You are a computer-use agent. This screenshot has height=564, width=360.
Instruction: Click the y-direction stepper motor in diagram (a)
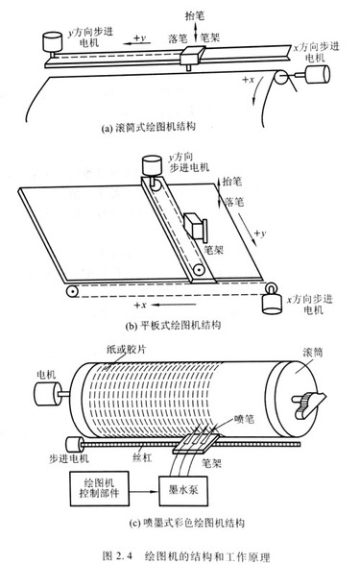coord(53,43)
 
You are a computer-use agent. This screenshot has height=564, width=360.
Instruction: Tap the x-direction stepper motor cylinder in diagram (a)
coord(318,74)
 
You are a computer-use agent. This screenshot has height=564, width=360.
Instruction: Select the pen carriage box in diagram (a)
coord(192,56)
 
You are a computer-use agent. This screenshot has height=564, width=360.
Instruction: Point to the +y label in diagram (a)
coord(140,37)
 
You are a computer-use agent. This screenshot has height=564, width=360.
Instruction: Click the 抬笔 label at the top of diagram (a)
coord(194,15)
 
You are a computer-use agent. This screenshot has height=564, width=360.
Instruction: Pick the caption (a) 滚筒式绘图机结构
coord(149,128)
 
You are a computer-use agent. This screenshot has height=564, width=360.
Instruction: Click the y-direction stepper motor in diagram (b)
coord(152,166)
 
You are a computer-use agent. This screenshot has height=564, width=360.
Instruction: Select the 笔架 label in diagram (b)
coord(213,250)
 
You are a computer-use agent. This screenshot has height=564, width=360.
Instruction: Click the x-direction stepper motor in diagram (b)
coord(272,303)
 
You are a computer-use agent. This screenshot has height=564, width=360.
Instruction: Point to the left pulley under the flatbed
coord(72,291)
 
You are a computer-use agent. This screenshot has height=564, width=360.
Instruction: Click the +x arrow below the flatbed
coord(174,305)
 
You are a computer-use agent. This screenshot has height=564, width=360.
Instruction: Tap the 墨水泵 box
coord(183,491)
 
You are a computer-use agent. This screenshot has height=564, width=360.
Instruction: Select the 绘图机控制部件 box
coord(99,488)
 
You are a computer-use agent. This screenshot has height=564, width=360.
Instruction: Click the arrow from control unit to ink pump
coord(144,491)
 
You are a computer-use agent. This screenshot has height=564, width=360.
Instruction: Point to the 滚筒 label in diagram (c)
coord(312,353)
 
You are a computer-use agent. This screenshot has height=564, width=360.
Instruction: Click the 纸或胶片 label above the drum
coord(126,349)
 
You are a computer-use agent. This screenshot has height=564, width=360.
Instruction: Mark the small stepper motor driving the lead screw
coord(75,445)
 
